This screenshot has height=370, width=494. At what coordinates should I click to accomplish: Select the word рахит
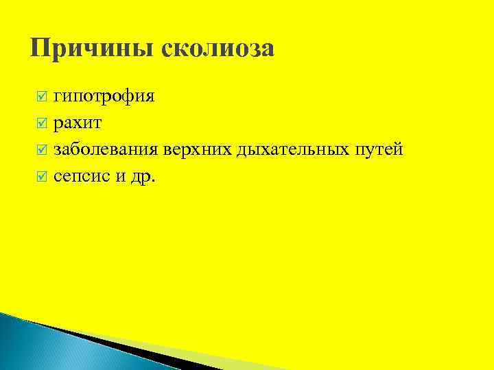coord(78,123)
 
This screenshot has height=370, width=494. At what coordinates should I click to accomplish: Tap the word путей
coord(377,149)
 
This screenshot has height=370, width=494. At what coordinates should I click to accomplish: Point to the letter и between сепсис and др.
coord(121,176)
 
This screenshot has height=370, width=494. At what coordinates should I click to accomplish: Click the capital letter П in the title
coord(40,49)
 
